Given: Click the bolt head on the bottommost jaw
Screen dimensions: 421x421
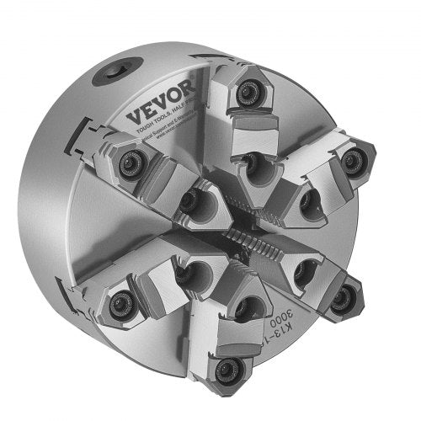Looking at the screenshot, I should click(x=225, y=368).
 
